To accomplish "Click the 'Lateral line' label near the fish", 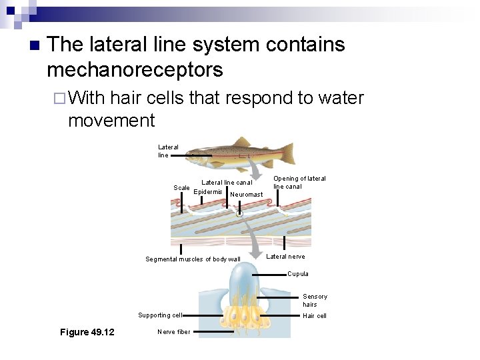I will [168, 151].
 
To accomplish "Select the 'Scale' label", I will [181, 188].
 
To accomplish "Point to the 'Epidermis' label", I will [207, 192].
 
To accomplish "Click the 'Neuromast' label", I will [246, 195].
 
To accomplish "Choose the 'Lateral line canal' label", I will [227, 182].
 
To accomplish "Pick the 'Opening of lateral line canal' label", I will [299, 183].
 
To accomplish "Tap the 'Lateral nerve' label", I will [285, 257].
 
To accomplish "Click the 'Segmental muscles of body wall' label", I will [193, 259].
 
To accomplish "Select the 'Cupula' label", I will [298, 274].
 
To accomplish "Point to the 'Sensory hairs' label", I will [315, 301].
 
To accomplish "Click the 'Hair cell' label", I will [315, 316].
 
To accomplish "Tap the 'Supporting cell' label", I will [159, 315].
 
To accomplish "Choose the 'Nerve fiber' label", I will [173, 331].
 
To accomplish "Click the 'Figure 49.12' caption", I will [87, 332].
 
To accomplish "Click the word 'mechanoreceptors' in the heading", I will [135, 69].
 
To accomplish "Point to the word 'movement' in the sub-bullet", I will [111, 121].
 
